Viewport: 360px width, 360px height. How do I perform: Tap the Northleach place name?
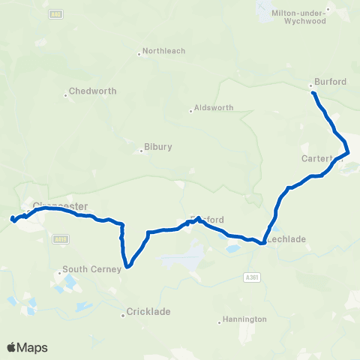point(163,51)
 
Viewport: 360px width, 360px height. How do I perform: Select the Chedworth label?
point(92,91)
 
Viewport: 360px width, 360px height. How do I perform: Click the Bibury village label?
point(158,147)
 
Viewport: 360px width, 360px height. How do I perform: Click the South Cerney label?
point(91,270)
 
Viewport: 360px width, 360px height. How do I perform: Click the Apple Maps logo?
point(27,347)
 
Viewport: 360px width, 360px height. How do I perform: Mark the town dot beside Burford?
point(310,85)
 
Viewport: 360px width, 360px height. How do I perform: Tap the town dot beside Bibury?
point(142,150)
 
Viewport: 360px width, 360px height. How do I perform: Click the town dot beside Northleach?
point(139,54)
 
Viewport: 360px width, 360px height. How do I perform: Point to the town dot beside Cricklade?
point(124,315)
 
